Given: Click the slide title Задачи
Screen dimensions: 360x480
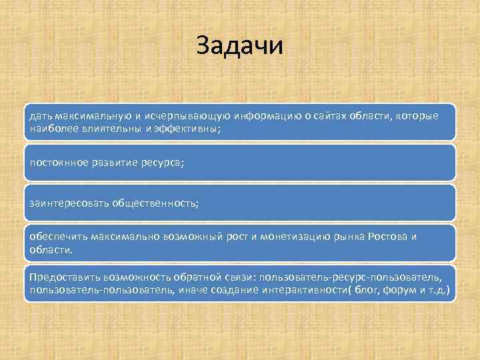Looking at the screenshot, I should coord(240,46).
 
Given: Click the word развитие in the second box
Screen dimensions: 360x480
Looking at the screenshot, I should coord(112,163).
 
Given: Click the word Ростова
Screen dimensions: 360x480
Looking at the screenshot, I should coord(387,237).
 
